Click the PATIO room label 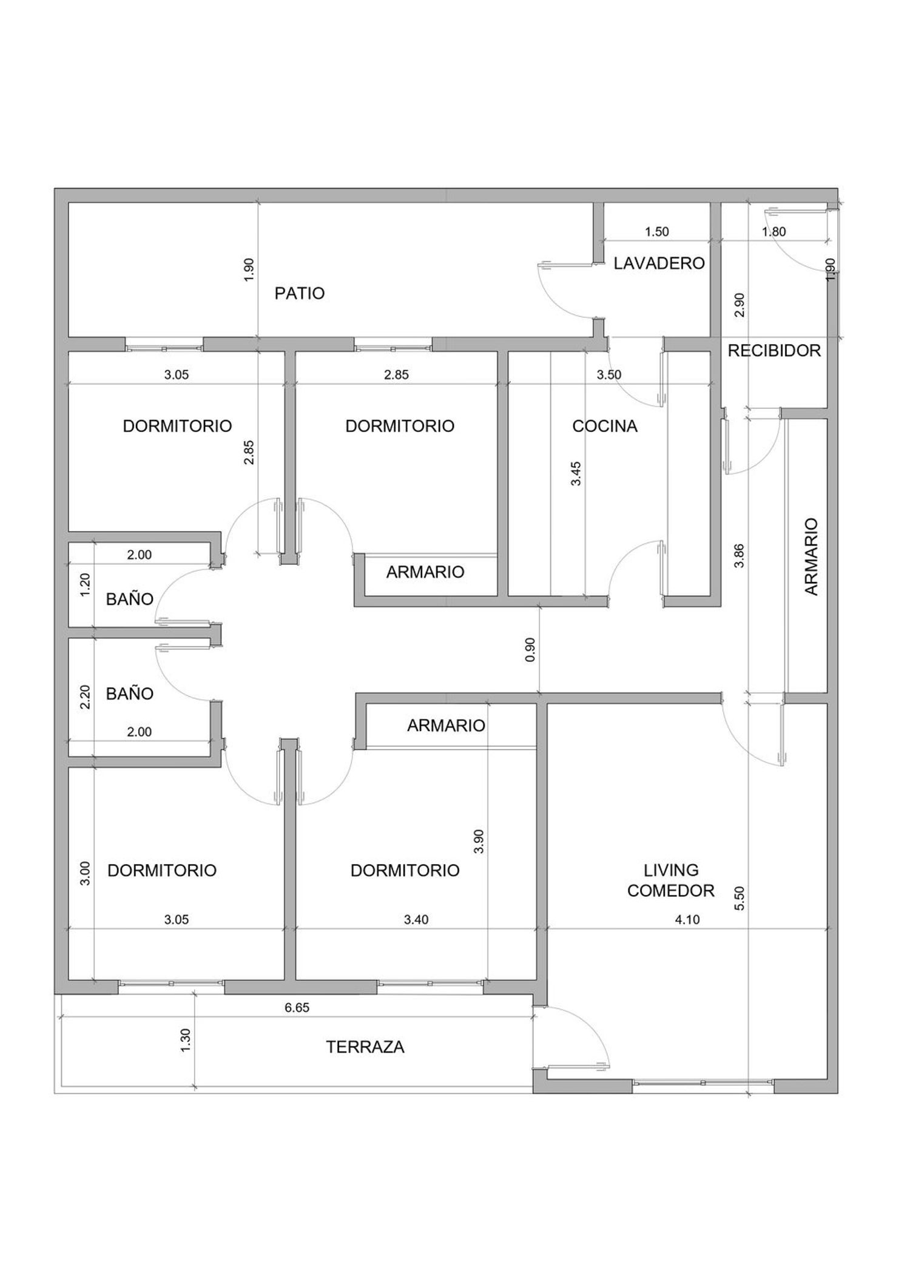click(300, 294)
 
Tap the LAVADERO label click(659, 263)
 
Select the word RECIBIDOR click(774, 351)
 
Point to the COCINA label click(605, 426)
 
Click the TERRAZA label click(365, 1047)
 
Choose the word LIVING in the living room click(671, 870)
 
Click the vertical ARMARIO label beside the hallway click(812, 556)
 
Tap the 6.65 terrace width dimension click(297, 1008)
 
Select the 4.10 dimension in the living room click(687, 919)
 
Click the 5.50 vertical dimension click(739, 898)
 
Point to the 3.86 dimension click(739, 555)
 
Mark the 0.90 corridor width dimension click(531, 649)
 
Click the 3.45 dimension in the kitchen click(576, 473)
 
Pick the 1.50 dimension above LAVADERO click(656, 232)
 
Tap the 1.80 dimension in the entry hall click(774, 232)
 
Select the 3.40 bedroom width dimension click(416, 919)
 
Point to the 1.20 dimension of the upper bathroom click(86, 585)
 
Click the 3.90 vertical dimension click(479, 841)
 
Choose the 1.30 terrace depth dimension click(186, 1041)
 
